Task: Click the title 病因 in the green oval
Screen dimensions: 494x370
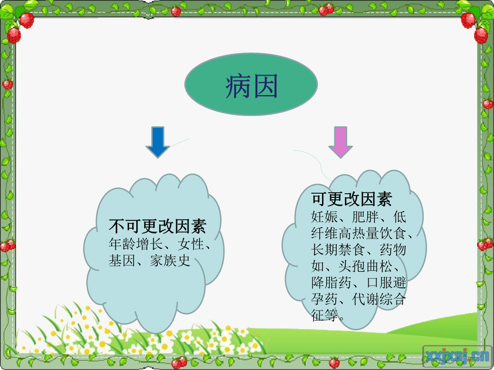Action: point(252,86)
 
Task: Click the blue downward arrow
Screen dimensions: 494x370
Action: point(157,142)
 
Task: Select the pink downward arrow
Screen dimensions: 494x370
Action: point(341,142)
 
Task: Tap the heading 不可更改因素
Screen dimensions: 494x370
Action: point(157,226)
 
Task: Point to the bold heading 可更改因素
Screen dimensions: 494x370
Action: point(352,199)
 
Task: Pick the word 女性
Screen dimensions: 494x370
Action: point(191,244)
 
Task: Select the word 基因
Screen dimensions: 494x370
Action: point(122,260)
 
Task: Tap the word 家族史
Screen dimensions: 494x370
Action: point(170,260)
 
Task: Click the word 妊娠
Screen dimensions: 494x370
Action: point(324,217)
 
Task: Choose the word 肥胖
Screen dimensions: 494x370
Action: point(365,217)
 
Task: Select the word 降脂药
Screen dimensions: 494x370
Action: point(332,282)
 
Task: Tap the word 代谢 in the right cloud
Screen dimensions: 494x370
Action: point(365,299)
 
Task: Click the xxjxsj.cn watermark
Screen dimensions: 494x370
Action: point(457,356)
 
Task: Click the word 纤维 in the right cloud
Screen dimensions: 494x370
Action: point(324,233)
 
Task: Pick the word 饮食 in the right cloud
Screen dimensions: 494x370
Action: point(399,233)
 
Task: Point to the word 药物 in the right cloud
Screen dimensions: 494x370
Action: point(392,249)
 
